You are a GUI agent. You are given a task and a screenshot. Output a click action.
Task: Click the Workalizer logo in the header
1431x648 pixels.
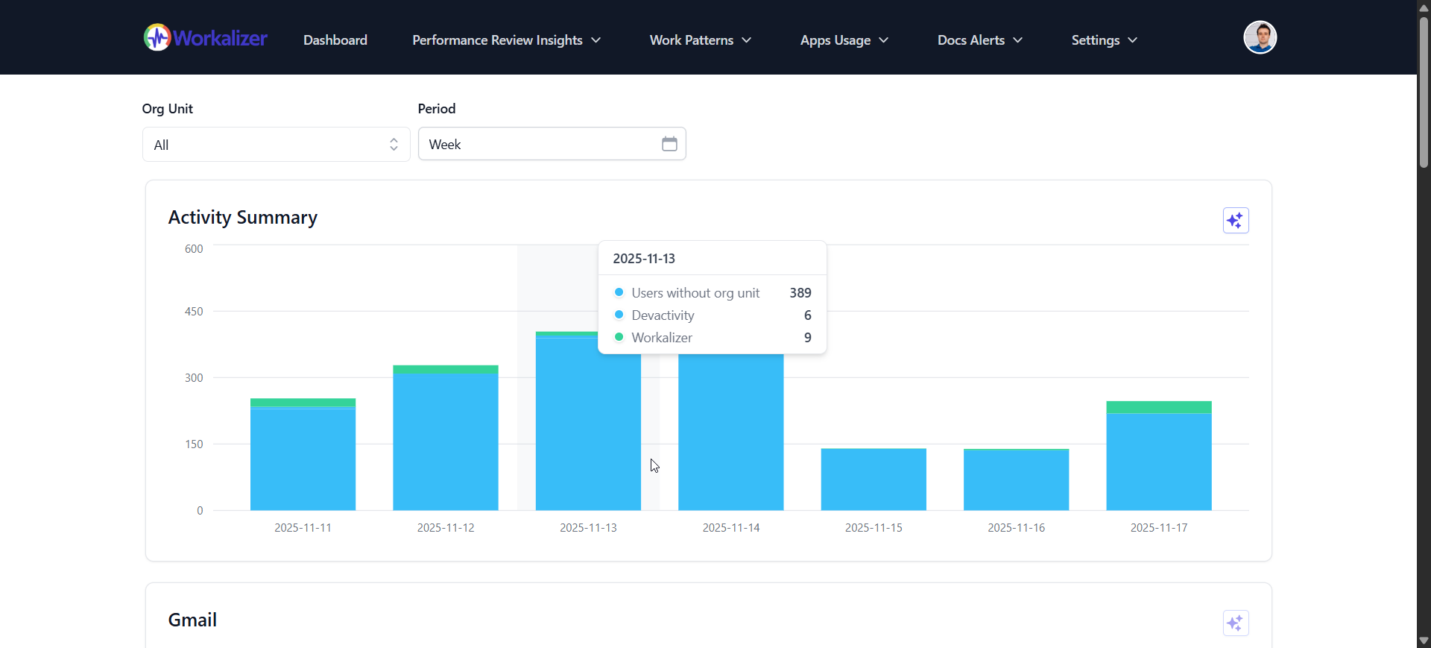205,37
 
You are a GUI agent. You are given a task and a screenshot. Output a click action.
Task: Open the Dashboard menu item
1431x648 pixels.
335,40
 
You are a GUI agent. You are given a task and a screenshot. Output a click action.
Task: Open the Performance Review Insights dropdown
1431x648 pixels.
506,40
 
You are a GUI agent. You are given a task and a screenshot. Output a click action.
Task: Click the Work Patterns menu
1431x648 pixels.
700,40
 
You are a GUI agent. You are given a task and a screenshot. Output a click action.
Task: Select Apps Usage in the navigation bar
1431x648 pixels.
844,40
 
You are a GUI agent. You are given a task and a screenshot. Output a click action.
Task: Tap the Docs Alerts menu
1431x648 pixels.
979,40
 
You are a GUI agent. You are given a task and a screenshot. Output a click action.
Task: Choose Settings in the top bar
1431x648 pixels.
1104,40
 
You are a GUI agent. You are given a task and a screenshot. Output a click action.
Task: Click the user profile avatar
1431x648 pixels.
1260,37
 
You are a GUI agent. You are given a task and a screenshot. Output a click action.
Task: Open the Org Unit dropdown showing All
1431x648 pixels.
276,145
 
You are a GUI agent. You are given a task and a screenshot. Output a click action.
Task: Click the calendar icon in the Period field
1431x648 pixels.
669,144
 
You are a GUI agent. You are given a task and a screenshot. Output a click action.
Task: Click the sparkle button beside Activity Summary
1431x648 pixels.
1235,221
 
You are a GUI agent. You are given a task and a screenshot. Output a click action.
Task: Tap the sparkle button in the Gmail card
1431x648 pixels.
1235,623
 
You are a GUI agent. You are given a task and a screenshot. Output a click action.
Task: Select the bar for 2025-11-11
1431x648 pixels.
303,459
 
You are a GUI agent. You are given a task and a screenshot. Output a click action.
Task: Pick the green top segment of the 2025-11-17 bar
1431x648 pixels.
1158,407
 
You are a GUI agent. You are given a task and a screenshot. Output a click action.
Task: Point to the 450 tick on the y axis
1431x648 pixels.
194,312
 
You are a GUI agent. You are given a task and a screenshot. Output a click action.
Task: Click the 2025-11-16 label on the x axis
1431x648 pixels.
1016,528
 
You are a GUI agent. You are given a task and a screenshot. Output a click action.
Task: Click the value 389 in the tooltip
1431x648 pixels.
800,293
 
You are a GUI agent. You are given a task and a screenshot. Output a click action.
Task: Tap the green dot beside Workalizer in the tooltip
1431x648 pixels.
619,337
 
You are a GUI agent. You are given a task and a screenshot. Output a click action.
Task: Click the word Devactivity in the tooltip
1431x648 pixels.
663,315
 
